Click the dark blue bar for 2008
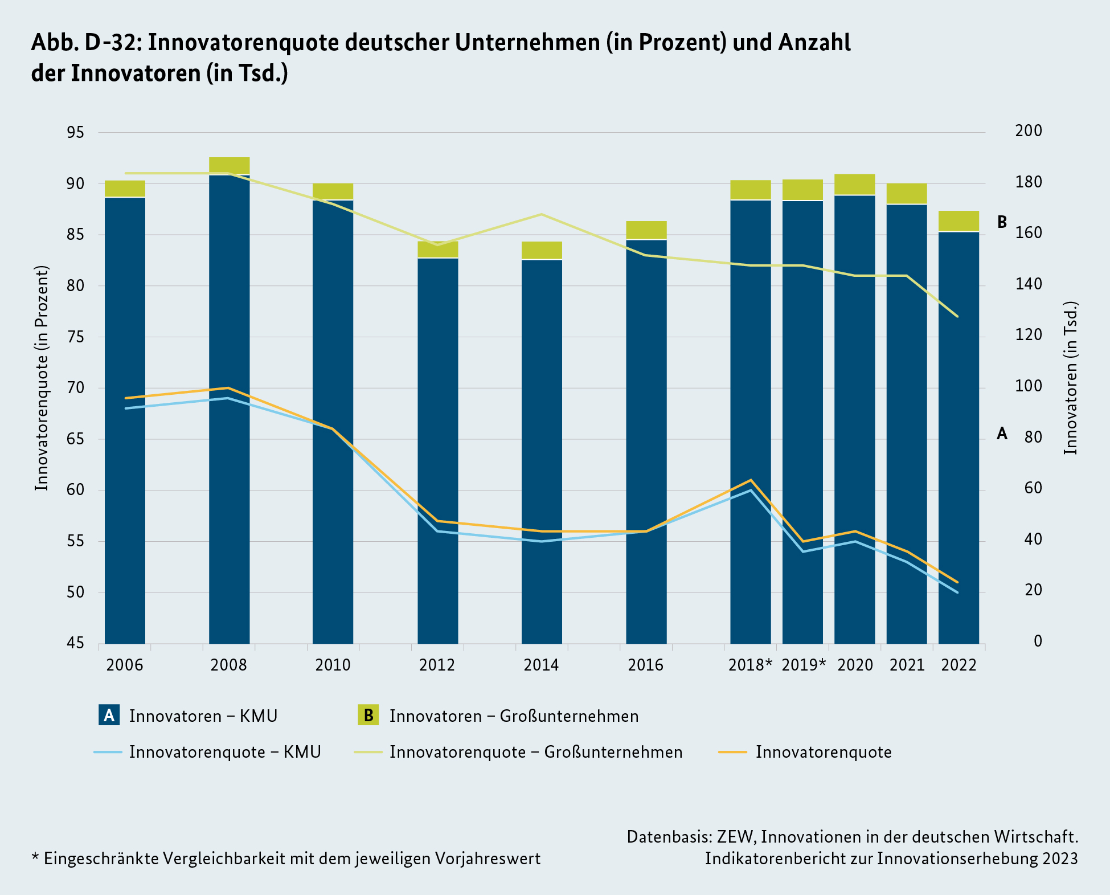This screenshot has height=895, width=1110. pos(229,410)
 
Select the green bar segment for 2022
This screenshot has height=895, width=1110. pos(959,221)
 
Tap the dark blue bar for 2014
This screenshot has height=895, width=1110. pos(542,450)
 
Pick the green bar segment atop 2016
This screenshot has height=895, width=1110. pos(646,230)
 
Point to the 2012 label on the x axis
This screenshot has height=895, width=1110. pos(437,665)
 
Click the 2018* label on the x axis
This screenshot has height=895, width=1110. pos(750,665)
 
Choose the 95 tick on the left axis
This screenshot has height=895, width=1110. pos(75,133)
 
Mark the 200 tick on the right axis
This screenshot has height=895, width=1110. pos(1028,131)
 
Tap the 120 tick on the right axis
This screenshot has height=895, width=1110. pos(1028,335)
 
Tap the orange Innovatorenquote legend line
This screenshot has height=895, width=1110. pos(732,752)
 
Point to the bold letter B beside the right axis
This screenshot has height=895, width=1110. pos(1002,222)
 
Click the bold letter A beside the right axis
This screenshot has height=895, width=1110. pos(1002,434)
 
